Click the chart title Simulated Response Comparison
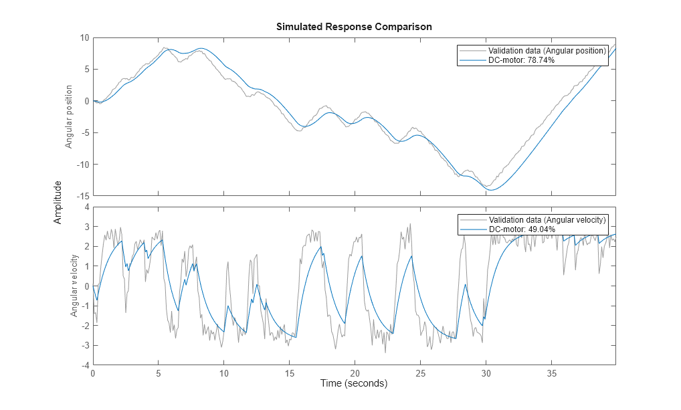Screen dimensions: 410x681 click(354, 27)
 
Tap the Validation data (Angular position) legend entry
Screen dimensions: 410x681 click(547, 51)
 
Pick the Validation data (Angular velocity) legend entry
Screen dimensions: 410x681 click(547, 220)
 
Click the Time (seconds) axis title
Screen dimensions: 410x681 click(354, 384)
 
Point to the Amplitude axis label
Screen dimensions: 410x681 click(58, 202)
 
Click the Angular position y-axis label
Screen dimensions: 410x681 click(68, 117)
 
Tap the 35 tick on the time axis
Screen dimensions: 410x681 click(551, 373)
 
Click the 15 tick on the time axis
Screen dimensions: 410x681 click(289, 373)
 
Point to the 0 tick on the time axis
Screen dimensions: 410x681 click(93, 373)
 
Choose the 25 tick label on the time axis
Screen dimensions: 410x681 click(420, 373)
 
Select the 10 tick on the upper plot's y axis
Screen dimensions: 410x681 click(84, 37)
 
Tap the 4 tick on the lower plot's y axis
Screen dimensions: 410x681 click(86, 207)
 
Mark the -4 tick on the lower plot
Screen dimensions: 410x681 click(85, 365)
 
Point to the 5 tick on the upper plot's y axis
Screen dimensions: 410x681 click(86, 70)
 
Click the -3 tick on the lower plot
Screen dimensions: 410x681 click(85, 346)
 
